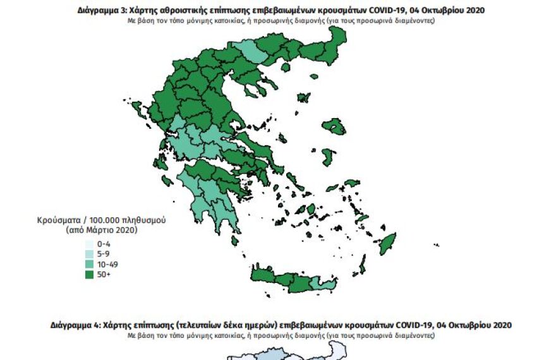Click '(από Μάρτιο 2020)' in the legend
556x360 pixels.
pos(101,231)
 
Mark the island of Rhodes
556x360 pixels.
pos(386,243)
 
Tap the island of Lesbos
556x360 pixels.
pos(334,127)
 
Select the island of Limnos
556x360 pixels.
pos(303,98)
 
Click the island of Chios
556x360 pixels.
pos(328,155)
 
